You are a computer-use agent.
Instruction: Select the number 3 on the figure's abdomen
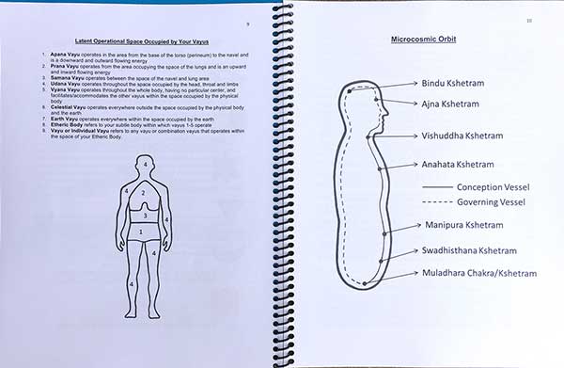[x=144, y=216]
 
